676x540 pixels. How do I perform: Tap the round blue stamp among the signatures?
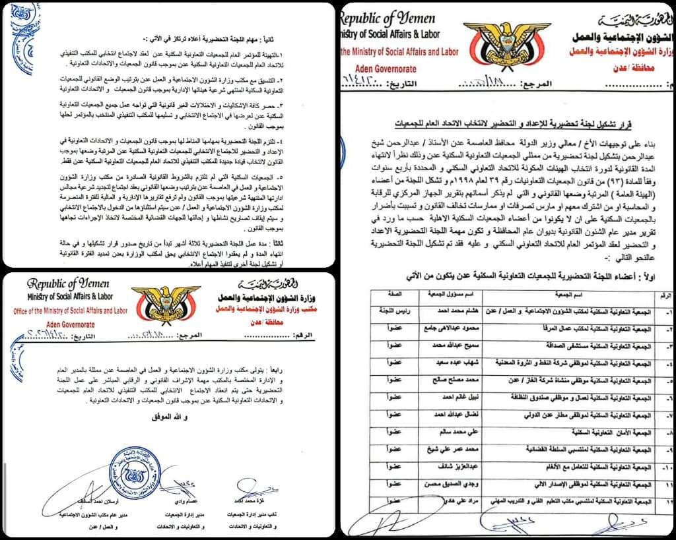click(136, 472)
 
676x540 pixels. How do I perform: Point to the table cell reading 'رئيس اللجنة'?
click(390, 310)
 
